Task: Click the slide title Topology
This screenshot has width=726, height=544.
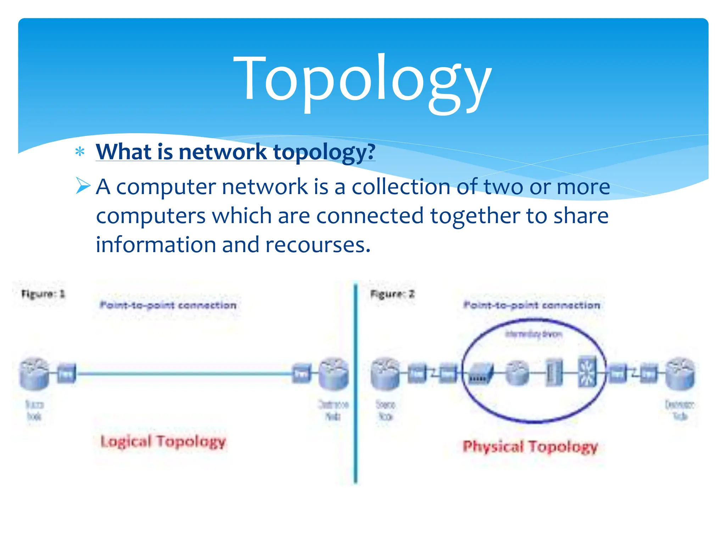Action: tap(362, 80)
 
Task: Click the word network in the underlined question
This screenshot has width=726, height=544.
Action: tap(223, 152)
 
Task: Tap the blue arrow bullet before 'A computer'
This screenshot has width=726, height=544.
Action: tap(83, 186)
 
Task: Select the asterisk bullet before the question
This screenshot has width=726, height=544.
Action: tap(80, 152)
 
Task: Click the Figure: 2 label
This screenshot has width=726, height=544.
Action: tap(392, 294)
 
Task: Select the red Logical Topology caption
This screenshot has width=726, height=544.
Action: tap(163, 442)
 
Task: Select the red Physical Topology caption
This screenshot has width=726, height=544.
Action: tap(530, 447)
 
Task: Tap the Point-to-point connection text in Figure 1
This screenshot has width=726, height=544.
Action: tap(168, 305)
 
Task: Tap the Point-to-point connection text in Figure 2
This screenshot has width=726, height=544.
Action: tap(532, 305)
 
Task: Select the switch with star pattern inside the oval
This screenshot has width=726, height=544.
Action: tap(587, 372)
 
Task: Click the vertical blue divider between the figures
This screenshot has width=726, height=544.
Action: tap(356, 382)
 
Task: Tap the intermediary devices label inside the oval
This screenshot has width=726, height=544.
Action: tap(533, 334)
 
